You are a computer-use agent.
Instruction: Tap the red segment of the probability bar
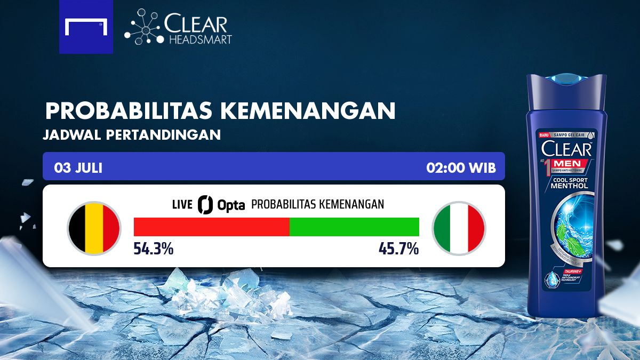[211, 227]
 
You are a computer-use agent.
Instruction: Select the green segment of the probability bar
[354, 227]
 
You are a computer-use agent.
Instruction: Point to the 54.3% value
[153, 249]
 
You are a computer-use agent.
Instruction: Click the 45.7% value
[398, 249]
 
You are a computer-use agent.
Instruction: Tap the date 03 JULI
[78, 168]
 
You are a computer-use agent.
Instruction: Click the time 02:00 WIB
[461, 168]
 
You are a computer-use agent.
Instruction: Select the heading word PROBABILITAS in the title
[129, 110]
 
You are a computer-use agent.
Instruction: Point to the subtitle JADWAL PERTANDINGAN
[131, 135]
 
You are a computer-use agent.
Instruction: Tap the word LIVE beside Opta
[182, 204]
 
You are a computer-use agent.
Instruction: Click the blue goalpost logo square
[86, 27]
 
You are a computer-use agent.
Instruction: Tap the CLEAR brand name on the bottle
[566, 148]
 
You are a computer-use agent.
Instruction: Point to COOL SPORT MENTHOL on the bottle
[569, 182]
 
